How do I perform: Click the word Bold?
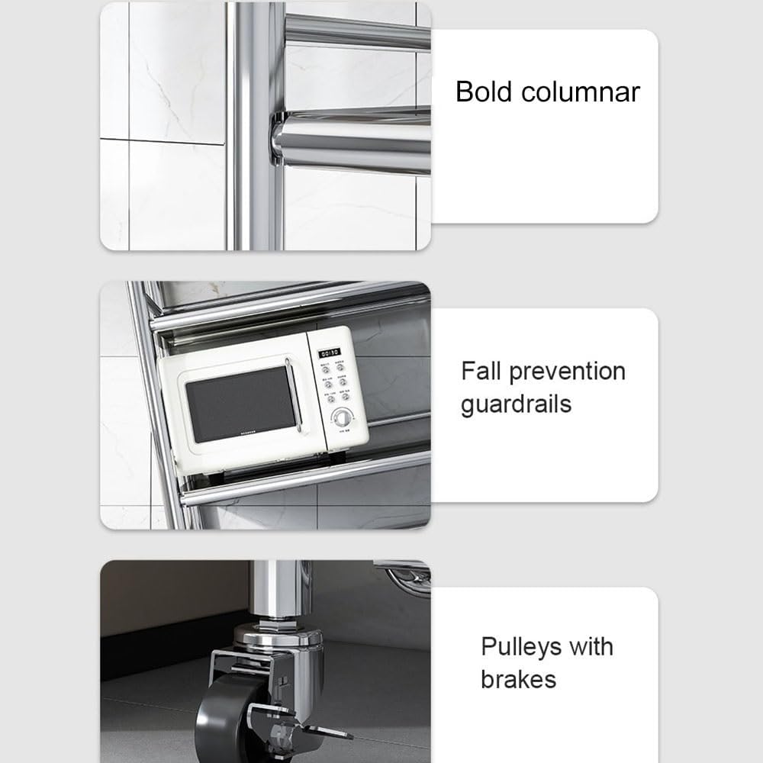tap(484, 92)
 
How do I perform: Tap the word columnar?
tap(581, 92)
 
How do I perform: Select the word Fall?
tap(481, 371)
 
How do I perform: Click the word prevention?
tap(568, 372)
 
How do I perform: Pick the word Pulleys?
tap(520, 648)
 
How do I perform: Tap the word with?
tap(591, 647)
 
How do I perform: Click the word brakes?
tap(518, 679)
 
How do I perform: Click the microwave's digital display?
tap(330, 353)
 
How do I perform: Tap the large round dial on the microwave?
tap(342, 418)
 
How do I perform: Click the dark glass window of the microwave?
tap(240, 404)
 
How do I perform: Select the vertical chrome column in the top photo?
tap(255, 127)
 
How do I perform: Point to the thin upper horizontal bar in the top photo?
tap(358, 31)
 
